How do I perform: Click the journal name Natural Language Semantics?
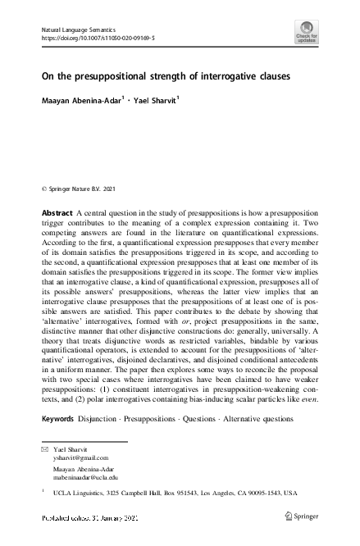80,29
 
